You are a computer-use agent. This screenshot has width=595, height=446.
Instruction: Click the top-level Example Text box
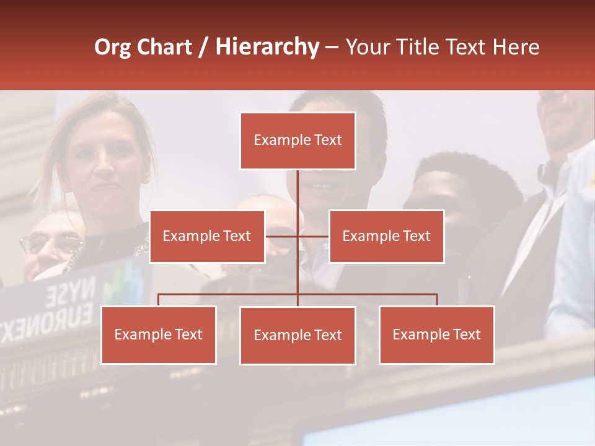pos(297,141)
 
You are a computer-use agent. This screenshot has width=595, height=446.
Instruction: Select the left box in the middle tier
pos(207,236)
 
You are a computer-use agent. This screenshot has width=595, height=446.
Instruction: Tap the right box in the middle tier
pos(386,236)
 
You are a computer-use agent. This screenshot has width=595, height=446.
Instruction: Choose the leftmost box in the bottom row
pos(158,334)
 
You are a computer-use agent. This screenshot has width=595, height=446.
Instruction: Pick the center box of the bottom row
pos(297,335)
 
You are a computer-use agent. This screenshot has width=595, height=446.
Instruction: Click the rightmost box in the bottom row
pos(436,334)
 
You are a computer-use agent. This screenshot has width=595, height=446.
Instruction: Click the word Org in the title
pos(112,47)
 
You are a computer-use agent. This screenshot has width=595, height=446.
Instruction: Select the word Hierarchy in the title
pos(267,47)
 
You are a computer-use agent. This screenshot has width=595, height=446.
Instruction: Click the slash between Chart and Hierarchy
pos(204,48)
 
